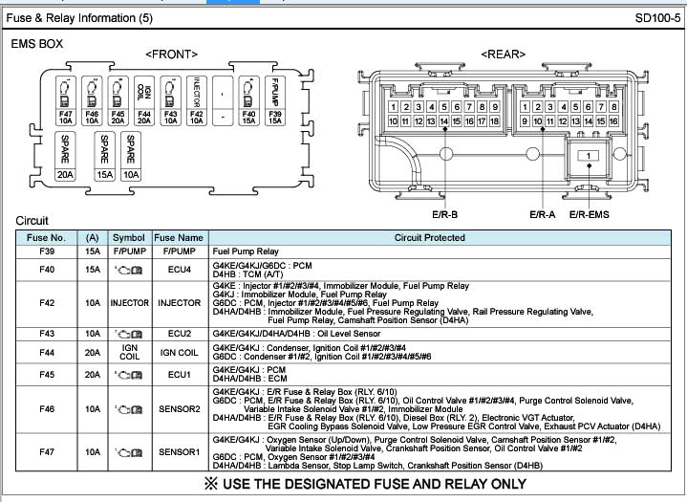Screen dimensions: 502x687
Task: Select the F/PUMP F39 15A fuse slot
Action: pos(275,102)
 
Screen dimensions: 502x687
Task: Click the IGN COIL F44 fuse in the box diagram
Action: pos(144,102)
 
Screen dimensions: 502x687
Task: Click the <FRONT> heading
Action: pos(171,55)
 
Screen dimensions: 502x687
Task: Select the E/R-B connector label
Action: pos(446,215)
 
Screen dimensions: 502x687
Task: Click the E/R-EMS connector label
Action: pos(589,215)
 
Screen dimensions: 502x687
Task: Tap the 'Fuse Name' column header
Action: pos(179,237)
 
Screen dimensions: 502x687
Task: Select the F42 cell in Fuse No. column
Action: pos(46,303)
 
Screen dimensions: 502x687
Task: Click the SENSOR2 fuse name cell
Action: pos(179,408)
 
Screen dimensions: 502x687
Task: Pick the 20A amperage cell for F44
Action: pos(93,353)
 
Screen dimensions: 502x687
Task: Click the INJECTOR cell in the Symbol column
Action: pos(129,303)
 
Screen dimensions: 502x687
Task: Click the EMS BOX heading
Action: pos(37,44)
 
